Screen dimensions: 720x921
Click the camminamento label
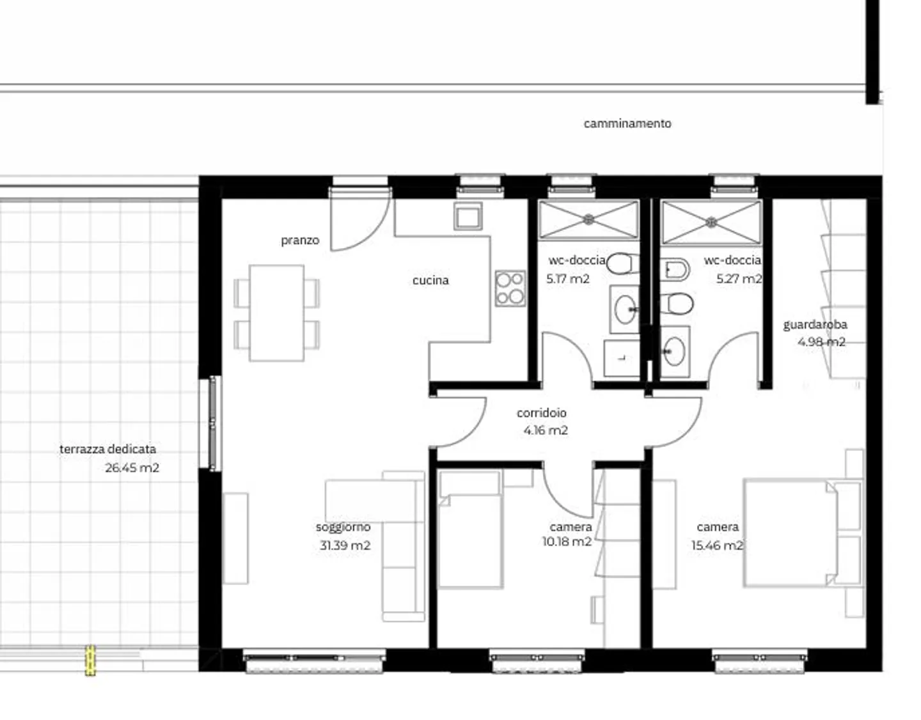pyautogui.click(x=627, y=123)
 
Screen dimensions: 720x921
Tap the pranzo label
pyautogui.click(x=300, y=240)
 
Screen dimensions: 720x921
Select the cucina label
pyautogui.click(x=430, y=280)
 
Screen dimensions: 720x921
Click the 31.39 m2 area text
pyautogui.click(x=345, y=545)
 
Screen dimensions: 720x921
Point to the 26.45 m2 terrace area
pyautogui.click(x=132, y=467)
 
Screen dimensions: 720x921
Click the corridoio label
pyautogui.click(x=541, y=413)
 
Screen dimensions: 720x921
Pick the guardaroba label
pyautogui.click(x=815, y=325)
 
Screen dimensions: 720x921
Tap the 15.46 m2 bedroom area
pyautogui.click(x=717, y=545)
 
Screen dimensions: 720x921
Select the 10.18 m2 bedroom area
pyautogui.click(x=567, y=542)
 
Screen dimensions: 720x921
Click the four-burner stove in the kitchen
pyautogui.click(x=510, y=288)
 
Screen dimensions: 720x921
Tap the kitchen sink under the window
pyautogui.click(x=468, y=216)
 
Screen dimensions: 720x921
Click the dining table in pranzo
pyautogui.click(x=276, y=313)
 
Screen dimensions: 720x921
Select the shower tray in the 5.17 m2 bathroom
pyautogui.click(x=588, y=220)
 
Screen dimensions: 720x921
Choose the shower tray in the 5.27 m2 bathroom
pyautogui.click(x=711, y=222)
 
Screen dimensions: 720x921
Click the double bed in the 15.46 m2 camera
pyautogui.click(x=791, y=533)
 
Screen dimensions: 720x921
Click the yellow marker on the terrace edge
pyautogui.click(x=90, y=661)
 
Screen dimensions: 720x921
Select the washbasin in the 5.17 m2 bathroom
pyautogui.click(x=624, y=310)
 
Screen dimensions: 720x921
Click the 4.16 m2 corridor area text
pyautogui.click(x=546, y=430)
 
